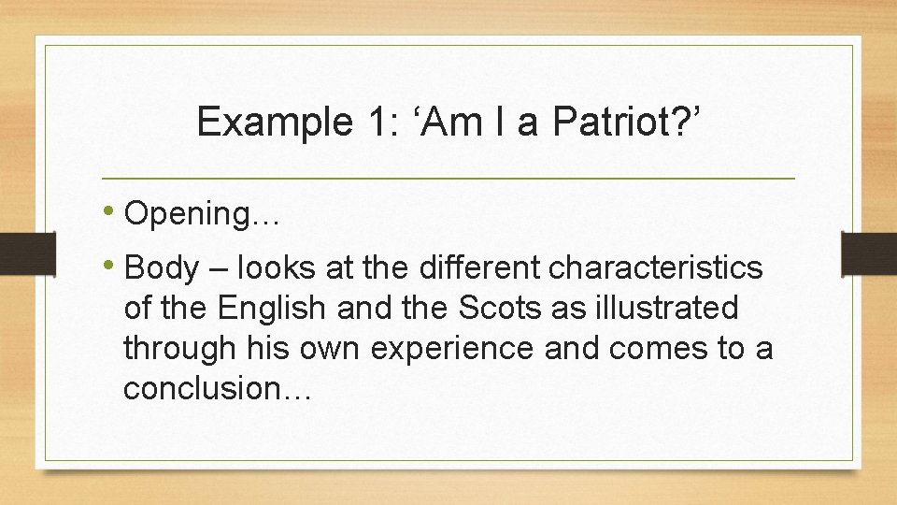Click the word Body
tap(161, 269)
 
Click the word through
tap(175, 348)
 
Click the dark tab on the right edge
tap(869, 253)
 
